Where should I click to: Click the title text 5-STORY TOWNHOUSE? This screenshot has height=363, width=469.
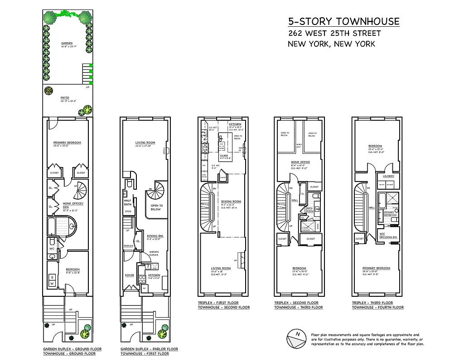(344, 21)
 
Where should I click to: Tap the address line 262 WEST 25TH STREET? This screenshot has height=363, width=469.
(334, 33)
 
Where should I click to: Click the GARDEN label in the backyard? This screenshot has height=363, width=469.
(67, 44)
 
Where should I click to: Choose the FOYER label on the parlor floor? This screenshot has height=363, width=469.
(129, 275)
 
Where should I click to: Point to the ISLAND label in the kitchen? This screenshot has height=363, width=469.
(224, 155)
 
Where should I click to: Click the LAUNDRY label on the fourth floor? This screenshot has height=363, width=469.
(388, 176)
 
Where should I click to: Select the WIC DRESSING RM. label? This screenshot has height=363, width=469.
(388, 235)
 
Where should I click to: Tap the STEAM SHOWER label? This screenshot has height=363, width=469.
(306, 228)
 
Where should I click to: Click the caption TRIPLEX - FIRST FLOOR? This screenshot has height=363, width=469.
(218, 303)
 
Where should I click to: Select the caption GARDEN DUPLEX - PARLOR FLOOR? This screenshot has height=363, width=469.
(149, 349)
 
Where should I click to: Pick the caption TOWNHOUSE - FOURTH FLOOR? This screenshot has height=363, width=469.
(377, 308)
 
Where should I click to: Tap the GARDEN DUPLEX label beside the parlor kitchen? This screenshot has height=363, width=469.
(155, 254)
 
